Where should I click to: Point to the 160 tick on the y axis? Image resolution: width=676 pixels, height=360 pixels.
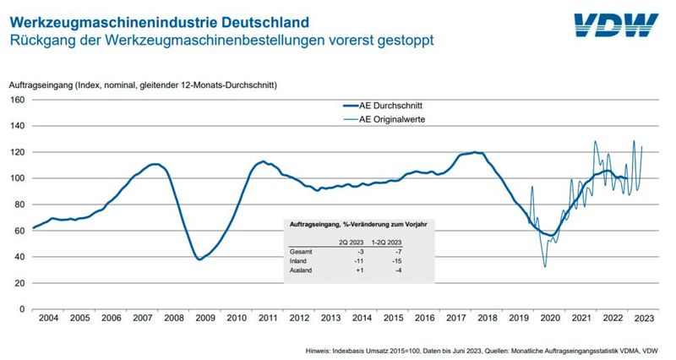pyautogui.click(x=16, y=100)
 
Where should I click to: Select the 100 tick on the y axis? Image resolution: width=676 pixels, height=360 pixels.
pyautogui.click(x=16, y=178)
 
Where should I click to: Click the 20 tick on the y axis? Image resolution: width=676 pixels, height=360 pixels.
pyautogui.click(x=19, y=283)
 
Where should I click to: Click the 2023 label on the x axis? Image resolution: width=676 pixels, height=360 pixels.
pyautogui.click(x=643, y=318)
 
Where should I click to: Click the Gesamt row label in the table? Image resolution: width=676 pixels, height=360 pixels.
pyautogui.click(x=302, y=252)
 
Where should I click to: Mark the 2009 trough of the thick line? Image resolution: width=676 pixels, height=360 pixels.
pyautogui.click(x=199, y=259)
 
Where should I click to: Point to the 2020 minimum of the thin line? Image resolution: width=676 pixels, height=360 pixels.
pyautogui.click(x=545, y=267)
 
